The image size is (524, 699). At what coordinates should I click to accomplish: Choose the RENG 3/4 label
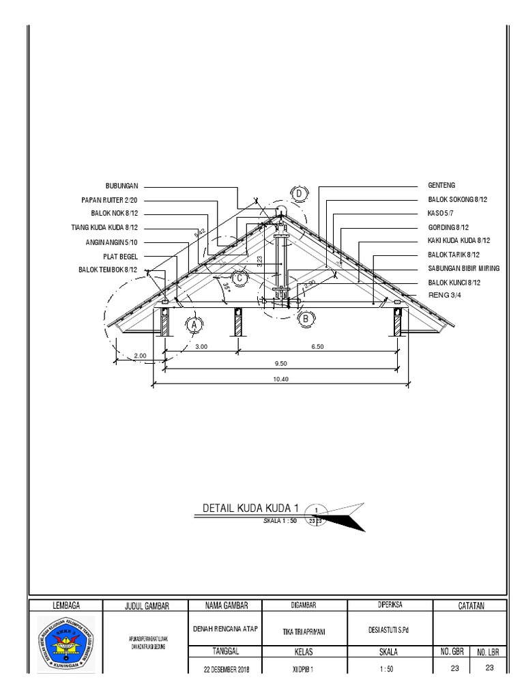coord(443,296)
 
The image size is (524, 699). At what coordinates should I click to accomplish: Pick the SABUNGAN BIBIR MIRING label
coord(463,268)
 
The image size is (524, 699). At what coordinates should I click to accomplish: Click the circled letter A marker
coord(194,326)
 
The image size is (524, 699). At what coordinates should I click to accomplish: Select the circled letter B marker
coord(306,318)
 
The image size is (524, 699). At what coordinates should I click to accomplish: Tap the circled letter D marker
coord(299,195)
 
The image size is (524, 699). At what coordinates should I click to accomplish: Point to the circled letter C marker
coord(239,278)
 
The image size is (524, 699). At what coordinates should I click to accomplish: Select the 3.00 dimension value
coord(201,347)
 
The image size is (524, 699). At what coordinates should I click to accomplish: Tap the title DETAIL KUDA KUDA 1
coord(251,509)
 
